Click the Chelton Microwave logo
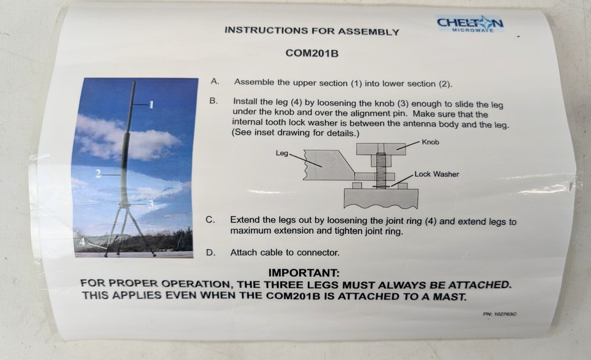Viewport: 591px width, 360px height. [x=470, y=25]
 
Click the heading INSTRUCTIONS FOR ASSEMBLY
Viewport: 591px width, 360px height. [x=312, y=31]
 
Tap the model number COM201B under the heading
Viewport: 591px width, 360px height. [x=313, y=54]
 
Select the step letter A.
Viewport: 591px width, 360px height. [x=214, y=81]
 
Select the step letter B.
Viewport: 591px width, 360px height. [x=214, y=101]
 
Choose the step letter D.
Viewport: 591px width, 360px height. [x=211, y=252]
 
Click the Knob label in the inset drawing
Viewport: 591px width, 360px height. [x=430, y=142]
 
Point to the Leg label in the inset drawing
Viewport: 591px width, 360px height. [x=282, y=153]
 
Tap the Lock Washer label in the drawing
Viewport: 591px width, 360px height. [x=436, y=174]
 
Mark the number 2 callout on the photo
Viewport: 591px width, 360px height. [x=98, y=175]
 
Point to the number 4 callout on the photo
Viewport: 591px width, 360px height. [x=81, y=242]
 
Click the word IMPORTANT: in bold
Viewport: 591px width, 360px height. [x=304, y=273]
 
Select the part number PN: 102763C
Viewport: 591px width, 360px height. [x=499, y=314]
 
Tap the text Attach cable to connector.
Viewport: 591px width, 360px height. [x=284, y=252]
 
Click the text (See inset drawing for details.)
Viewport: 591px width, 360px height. [x=295, y=133]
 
